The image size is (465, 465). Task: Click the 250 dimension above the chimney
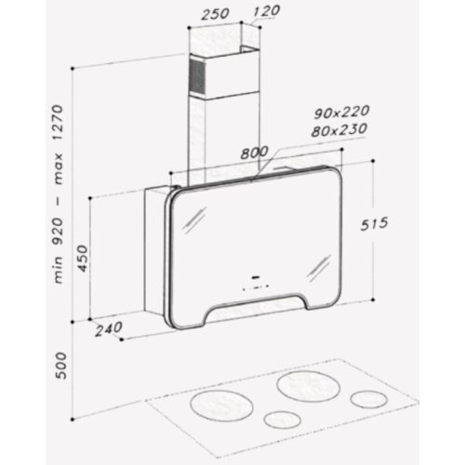click(215, 14)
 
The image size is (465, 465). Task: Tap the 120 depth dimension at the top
click(266, 11)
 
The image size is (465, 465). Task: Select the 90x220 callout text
click(341, 113)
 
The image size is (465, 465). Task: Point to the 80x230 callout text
click(339, 130)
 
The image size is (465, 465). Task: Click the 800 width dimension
click(255, 153)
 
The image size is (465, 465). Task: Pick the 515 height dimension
click(374, 224)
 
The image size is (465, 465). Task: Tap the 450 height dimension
click(83, 259)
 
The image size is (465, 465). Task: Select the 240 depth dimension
click(109, 329)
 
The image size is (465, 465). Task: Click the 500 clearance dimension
click(60, 365)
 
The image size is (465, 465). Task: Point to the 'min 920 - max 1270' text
click(59, 194)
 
